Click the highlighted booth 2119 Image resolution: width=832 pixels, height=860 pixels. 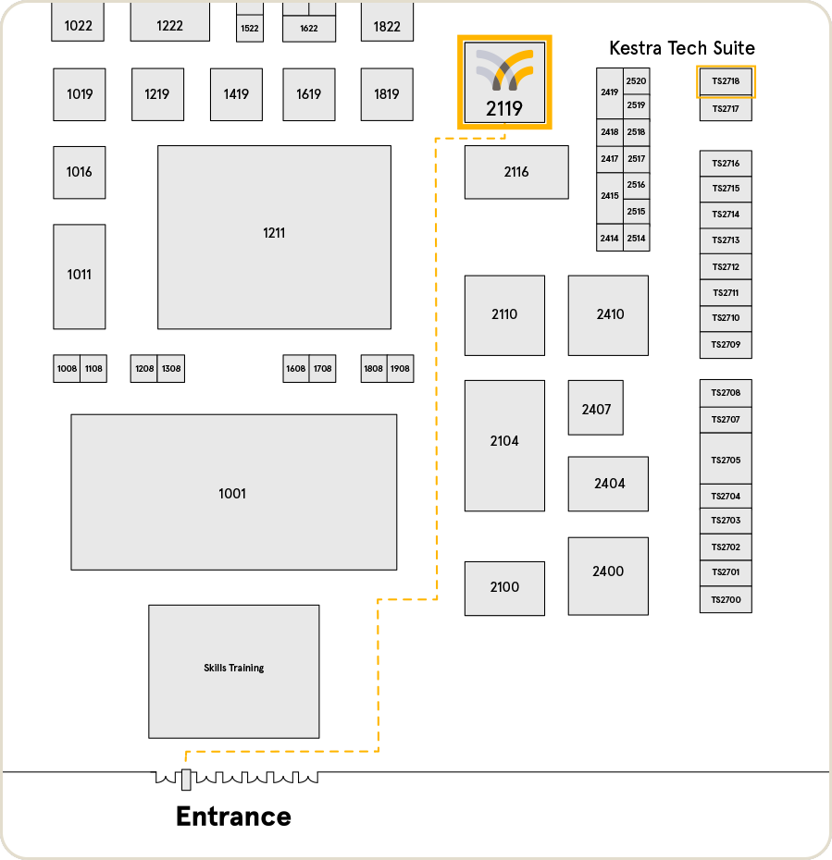pos(504,82)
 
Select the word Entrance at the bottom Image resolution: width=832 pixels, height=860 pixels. pos(233,817)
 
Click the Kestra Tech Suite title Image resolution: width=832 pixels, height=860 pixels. pos(681,48)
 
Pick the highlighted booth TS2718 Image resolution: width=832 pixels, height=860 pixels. pos(726,81)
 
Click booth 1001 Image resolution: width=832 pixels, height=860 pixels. pos(233,492)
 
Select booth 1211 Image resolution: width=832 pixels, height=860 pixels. pos(274,237)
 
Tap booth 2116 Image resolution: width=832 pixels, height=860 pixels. pos(516,172)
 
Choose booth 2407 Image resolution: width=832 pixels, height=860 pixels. pos(596,408)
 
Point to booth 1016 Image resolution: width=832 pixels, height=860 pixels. pos(80,172)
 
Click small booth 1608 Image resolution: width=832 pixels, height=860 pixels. pos(296,369)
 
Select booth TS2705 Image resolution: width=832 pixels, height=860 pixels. pos(726,459)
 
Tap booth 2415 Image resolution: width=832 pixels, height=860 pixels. pos(609,197)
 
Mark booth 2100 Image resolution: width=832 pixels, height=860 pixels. pos(504,588)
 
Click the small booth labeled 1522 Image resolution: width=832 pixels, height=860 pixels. pos(249,29)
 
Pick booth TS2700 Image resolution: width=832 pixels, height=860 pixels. pos(726,600)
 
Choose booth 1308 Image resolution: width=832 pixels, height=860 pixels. pos(171,369)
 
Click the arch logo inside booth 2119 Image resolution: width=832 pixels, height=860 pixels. pos(504,69)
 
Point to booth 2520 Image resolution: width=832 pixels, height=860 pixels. pos(636,80)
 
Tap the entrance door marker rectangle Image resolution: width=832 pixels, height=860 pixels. pos(186,780)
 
